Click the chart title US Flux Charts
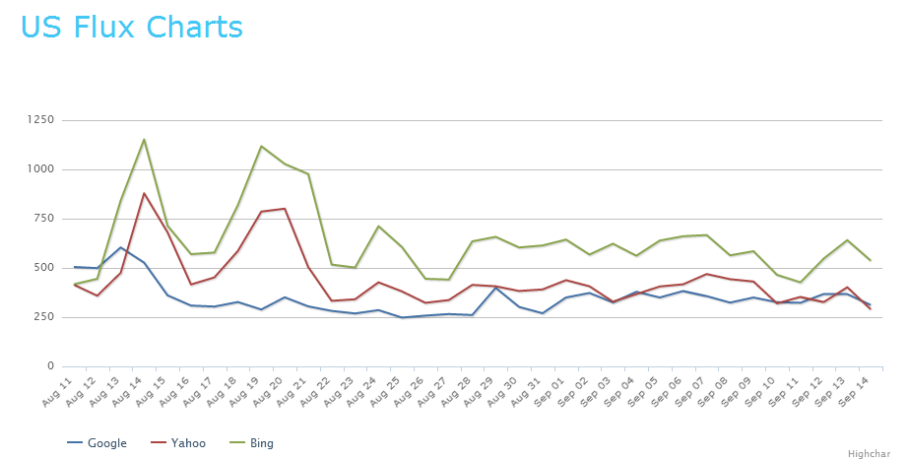[x=132, y=26]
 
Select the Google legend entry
[x=106, y=443]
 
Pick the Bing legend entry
[x=260, y=443]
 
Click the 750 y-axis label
[x=43, y=219]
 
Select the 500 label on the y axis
[x=43, y=268]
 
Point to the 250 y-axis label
[x=43, y=317]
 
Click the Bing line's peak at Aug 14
[x=144, y=139]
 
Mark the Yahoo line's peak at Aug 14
[x=144, y=193]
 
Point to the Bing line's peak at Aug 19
[x=261, y=146]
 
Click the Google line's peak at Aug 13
[x=120, y=247]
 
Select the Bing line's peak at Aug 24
[x=378, y=226]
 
